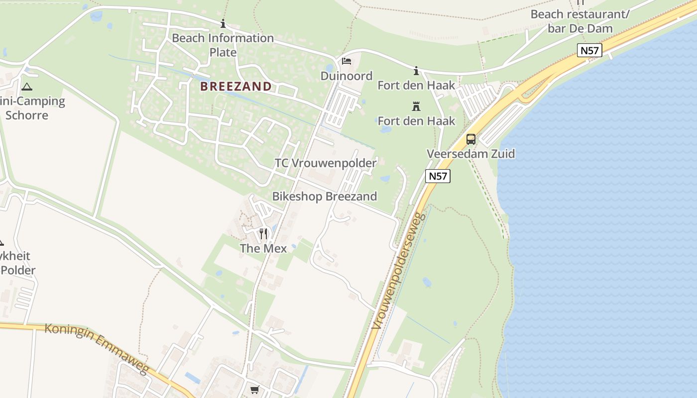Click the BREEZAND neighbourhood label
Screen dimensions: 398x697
pos(236,87)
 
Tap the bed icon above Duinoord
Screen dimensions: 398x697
pos(347,62)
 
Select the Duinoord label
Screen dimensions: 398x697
pos(347,76)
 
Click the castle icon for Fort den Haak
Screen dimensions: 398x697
pos(416,106)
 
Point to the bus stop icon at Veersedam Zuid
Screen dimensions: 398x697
pos(471,139)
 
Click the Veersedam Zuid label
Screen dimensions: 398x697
pos(471,154)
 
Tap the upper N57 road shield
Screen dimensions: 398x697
pos(590,50)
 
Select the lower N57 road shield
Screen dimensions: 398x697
pos(438,176)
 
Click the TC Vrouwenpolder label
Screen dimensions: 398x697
pos(326,163)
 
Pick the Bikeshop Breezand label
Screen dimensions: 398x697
pos(325,197)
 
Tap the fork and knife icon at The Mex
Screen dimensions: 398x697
pos(263,233)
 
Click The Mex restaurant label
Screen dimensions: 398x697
pos(263,248)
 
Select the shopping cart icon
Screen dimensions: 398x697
pos(255,390)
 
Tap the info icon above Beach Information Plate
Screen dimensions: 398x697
pos(223,23)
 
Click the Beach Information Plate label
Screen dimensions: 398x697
pos(223,45)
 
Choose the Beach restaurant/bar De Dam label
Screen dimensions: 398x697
pos(580,21)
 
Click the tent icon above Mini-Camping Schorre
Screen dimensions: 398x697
pos(27,87)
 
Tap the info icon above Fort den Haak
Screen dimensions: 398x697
pos(416,71)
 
